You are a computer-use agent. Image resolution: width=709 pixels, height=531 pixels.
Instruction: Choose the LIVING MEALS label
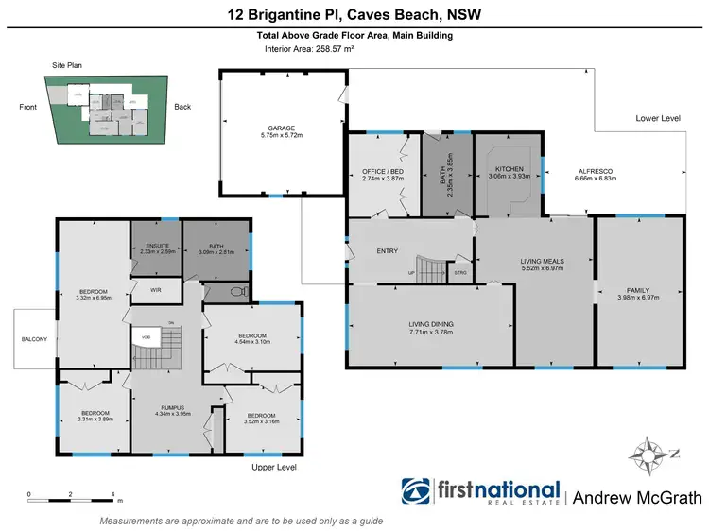click(542, 261)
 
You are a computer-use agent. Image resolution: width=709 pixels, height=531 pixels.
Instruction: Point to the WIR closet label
click(148, 291)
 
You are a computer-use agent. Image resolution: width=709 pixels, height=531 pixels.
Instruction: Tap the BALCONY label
click(35, 338)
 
